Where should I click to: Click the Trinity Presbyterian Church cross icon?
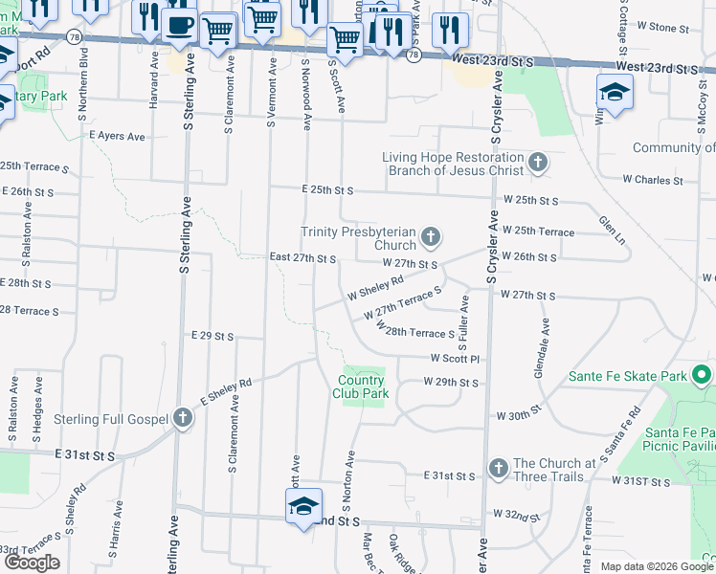click(432, 237)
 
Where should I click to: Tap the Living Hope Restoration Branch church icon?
click(538, 164)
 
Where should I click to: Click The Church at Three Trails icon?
click(498, 469)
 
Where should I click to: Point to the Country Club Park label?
click(361, 386)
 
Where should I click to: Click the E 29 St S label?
click(213, 336)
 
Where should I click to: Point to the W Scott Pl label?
click(454, 359)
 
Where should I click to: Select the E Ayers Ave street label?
click(117, 137)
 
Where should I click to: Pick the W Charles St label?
click(652, 179)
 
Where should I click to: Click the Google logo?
click(32, 563)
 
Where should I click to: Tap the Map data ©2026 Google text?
click(656, 566)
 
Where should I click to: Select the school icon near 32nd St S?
click(303, 506)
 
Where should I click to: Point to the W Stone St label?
click(649, 28)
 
